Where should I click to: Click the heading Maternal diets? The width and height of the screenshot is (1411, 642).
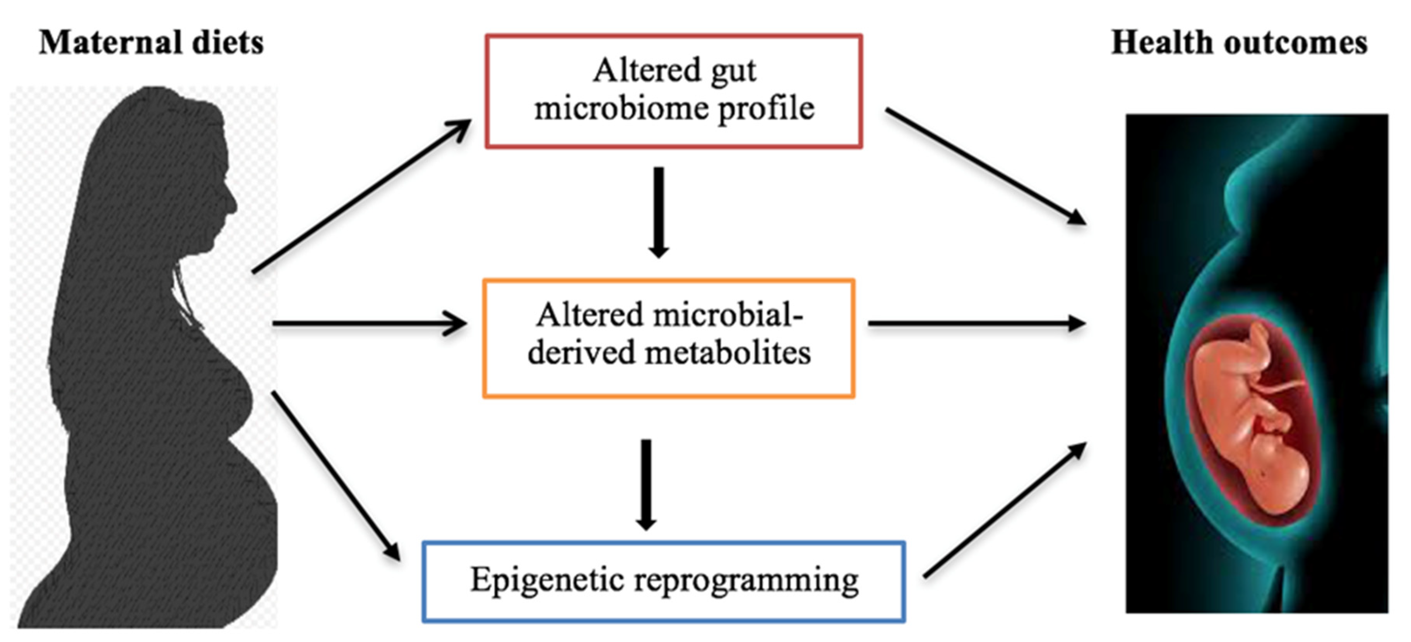click(151, 42)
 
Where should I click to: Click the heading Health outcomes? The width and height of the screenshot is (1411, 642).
click(1239, 42)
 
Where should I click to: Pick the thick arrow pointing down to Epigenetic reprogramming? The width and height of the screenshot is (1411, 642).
click(646, 485)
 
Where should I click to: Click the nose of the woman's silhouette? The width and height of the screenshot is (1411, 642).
click(233, 205)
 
